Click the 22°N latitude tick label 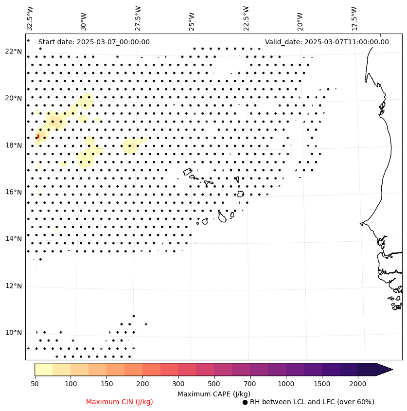tap(14, 52)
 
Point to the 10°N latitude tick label tap(14, 333)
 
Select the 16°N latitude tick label tap(14, 192)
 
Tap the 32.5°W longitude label tap(30, 18)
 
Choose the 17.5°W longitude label tap(354, 18)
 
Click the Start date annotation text tap(94, 42)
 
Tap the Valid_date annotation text tap(327, 42)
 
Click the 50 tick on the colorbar tap(35, 384)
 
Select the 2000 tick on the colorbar tap(357, 384)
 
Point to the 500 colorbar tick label tap(214, 384)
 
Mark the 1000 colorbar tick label tap(286, 384)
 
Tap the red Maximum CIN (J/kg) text tap(119, 402)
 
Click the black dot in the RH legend tap(245, 402)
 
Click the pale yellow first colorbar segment tap(43, 369)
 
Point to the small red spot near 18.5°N tap(37, 136)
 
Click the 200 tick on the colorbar tap(142, 384)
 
